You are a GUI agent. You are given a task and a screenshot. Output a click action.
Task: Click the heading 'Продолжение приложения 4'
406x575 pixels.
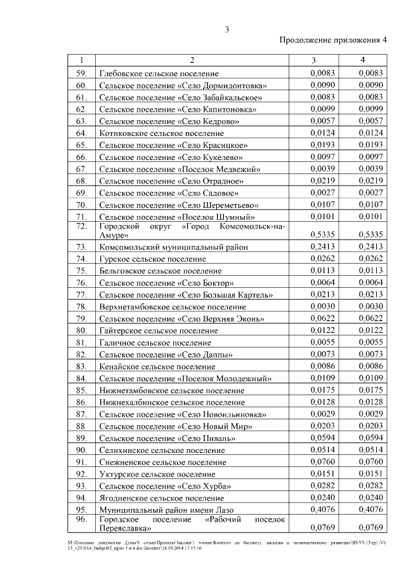point(334,41)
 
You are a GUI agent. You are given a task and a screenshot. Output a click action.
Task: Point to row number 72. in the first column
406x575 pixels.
point(81,226)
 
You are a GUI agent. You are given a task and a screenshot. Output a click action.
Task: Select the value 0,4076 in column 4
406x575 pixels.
point(370,510)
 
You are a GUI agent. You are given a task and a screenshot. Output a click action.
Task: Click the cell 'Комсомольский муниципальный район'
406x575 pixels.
point(174,247)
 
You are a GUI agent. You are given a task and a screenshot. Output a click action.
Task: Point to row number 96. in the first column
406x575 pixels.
point(81,519)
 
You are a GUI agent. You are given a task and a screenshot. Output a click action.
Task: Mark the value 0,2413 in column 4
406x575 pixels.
point(370,247)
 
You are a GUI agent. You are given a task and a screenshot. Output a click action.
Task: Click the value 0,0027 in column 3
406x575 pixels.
point(323,193)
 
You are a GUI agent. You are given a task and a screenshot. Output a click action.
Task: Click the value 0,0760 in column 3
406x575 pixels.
point(323,462)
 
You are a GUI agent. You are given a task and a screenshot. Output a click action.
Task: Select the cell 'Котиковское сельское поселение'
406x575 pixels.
point(162,133)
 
